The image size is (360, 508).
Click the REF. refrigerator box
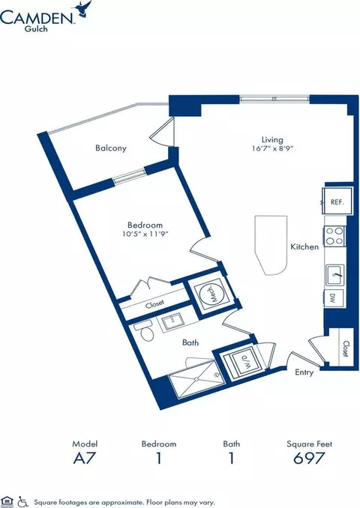(x=337, y=201)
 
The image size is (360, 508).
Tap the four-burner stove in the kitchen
(x=334, y=236)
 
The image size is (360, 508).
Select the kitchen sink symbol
(x=335, y=275)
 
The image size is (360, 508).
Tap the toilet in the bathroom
(x=145, y=331)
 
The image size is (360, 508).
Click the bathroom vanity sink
(x=172, y=322)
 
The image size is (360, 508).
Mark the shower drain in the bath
(x=196, y=379)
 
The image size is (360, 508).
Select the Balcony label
(x=111, y=148)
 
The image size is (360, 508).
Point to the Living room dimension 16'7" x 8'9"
(x=272, y=148)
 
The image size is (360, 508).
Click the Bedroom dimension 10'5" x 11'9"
(x=145, y=234)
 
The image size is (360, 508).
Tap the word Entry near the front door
(x=304, y=372)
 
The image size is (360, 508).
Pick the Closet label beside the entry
(x=346, y=349)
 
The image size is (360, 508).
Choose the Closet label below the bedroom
(x=154, y=304)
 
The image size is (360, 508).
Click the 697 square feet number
(x=309, y=458)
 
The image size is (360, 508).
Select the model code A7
(x=85, y=458)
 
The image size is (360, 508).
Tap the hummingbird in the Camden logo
(x=83, y=9)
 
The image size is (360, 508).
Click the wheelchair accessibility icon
(x=22, y=502)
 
